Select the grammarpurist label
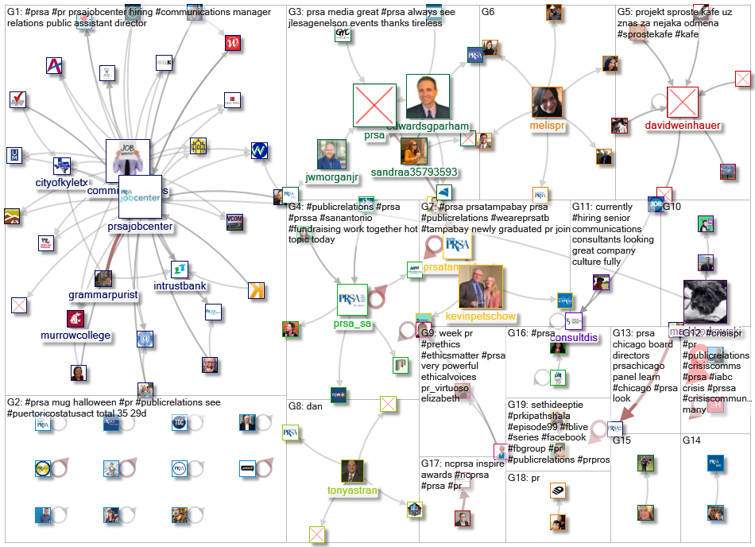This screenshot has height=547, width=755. click(x=103, y=296)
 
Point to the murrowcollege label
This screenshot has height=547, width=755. click(x=76, y=336)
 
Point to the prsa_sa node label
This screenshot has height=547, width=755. click(x=353, y=324)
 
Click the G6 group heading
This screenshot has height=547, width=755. click(x=488, y=12)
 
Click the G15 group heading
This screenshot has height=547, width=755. click(x=621, y=440)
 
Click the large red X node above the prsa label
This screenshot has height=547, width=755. click(x=374, y=105)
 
